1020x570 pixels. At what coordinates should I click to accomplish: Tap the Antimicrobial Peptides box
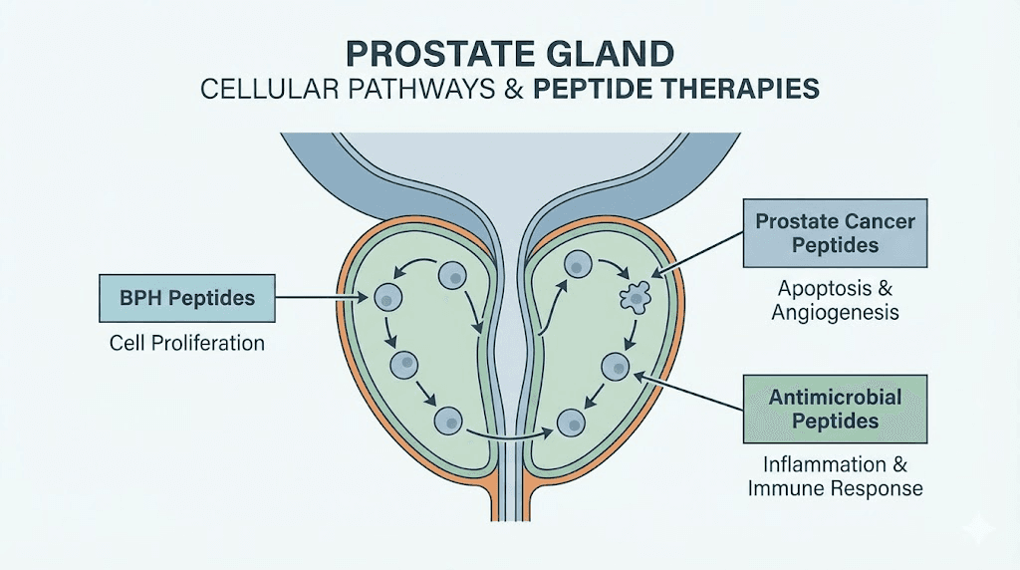point(836,409)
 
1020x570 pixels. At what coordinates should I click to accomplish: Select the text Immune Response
point(835,488)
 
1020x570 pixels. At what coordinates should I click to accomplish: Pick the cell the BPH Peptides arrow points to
point(386,296)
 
